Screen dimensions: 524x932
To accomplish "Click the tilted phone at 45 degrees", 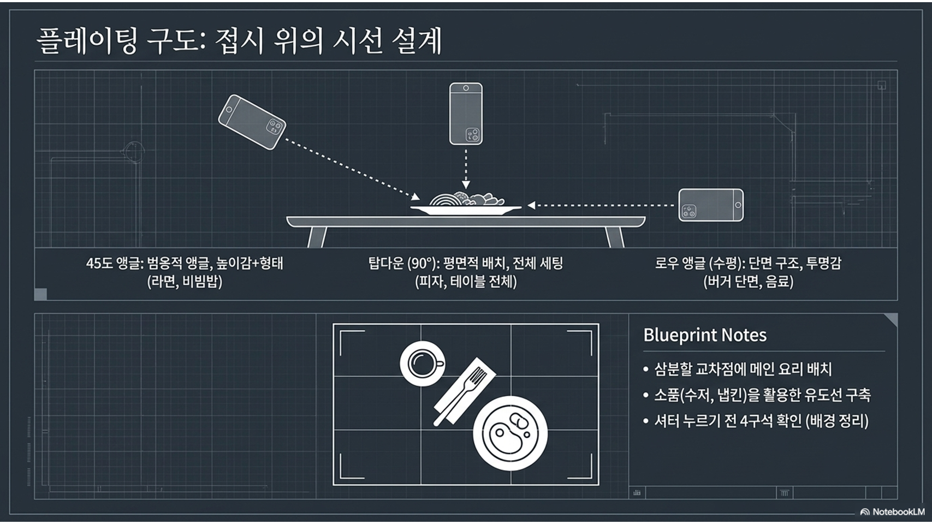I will (x=252, y=122).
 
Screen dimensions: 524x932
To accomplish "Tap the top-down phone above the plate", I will (x=466, y=114).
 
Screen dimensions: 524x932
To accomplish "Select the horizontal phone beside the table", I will (x=711, y=205).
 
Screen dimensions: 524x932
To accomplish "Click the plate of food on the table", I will (x=465, y=204).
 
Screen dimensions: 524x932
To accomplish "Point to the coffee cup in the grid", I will (x=422, y=363).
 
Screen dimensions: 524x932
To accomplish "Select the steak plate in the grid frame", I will (x=510, y=433).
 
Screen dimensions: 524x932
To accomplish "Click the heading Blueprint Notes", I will (x=704, y=335).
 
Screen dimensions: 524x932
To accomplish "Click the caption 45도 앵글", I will (x=114, y=263).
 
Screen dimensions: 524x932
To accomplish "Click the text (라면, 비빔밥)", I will (x=185, y=282).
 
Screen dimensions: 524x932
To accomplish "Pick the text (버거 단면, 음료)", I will (x=748, y=282).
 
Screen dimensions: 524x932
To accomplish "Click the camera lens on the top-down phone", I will (x=472, y=134).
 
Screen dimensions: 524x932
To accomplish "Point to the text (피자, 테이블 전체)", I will (x=466, y=282).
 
